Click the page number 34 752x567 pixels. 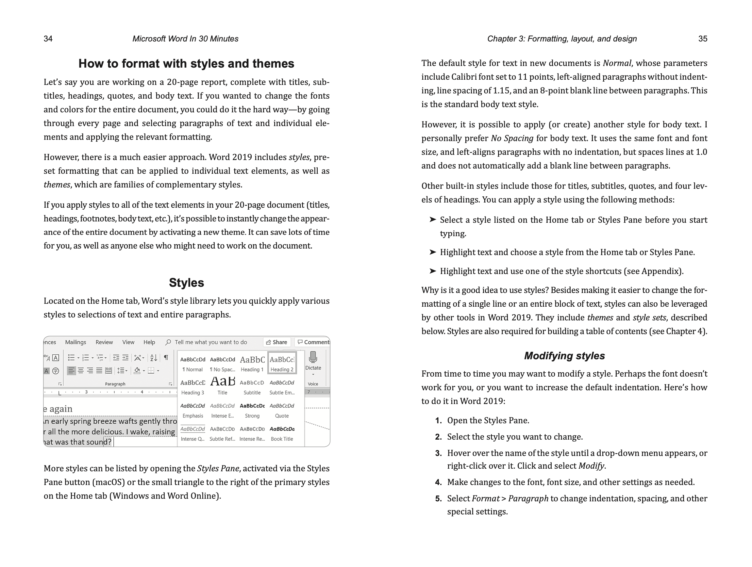48,39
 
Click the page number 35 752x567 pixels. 703,39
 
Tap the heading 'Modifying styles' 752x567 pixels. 564,356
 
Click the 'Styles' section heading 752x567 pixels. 186,283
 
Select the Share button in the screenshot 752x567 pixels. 277,342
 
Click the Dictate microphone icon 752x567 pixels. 313,357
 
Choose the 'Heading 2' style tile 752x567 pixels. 282,363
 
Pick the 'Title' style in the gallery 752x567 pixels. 222,386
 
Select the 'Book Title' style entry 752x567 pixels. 282,433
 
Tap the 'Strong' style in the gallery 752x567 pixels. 252,410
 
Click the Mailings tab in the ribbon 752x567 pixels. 75,342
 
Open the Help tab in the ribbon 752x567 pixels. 149,342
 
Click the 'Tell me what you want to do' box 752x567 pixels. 210,342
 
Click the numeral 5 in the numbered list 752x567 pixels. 438,499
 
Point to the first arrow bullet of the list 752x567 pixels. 432,219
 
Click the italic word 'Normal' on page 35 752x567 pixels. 617,63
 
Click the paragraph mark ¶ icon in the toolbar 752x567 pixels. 166,357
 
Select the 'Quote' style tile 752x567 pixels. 282,410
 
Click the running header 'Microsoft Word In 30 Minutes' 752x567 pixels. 185,39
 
